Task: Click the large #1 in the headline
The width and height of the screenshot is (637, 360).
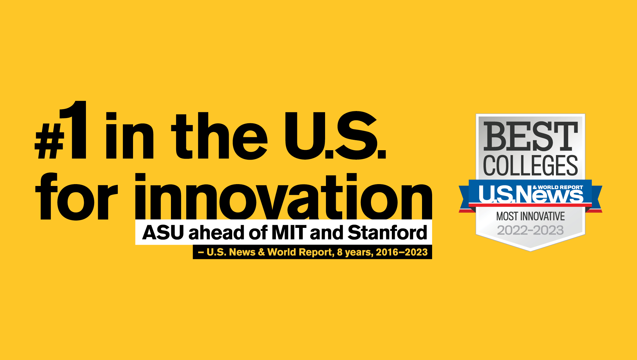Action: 61,130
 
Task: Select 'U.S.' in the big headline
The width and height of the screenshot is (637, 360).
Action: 335,135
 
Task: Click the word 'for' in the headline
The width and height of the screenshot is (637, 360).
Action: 76,196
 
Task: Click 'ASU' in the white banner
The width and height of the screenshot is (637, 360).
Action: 163,232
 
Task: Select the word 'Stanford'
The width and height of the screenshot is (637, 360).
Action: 387,232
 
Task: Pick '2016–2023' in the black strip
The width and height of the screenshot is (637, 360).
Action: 402,252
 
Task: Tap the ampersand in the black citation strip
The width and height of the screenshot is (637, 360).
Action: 261,252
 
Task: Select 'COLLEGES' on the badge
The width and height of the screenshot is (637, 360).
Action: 531,165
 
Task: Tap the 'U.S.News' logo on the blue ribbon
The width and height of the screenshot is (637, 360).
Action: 531,194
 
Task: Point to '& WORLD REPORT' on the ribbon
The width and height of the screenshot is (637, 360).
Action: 558,187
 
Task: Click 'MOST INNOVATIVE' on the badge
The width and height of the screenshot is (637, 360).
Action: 531,216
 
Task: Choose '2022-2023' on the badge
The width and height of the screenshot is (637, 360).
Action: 531,230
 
